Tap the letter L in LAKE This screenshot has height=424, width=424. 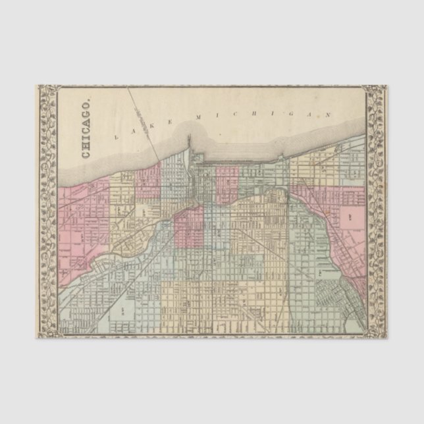[x=117, y=137]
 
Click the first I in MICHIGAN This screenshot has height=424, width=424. [x=218, y=115]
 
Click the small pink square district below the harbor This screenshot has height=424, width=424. [x=227, y=184]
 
